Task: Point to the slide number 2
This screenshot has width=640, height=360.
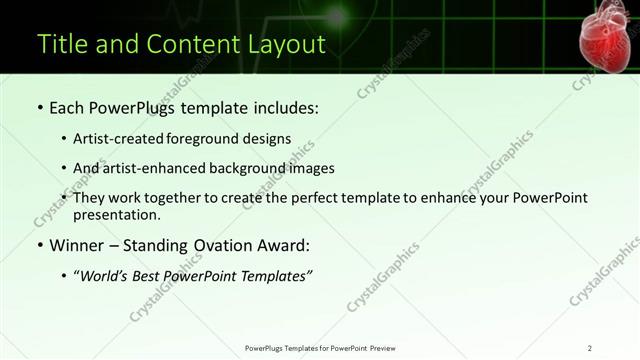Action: coord(589,348)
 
